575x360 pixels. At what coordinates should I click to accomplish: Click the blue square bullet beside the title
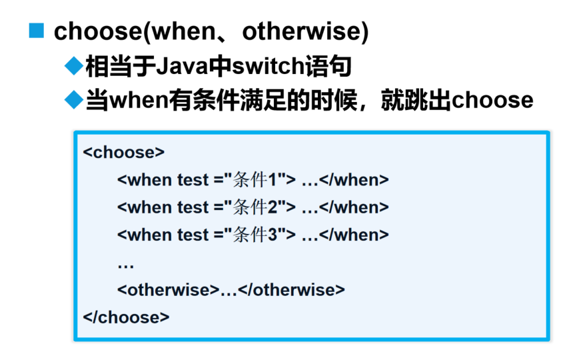(x=36, y=31)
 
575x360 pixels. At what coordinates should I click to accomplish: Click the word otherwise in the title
(x=302, y=31)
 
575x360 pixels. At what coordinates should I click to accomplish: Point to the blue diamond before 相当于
(x=74, y=66)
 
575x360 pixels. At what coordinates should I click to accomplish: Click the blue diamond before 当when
(x=74, y=100)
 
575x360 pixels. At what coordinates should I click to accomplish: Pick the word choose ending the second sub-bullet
(x=492, y=100)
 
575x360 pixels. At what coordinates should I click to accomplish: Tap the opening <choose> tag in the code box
(x=123, y=152)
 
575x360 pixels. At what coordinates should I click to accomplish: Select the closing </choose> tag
(x=126, y=317)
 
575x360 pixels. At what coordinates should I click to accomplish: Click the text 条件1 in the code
(x=255, y=180)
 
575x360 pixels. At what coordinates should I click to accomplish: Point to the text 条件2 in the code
(x=255, y=207)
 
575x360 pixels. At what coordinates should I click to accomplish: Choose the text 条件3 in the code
(x=255, y=235)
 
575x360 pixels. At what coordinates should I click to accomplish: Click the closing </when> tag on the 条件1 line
(x=354, y=180)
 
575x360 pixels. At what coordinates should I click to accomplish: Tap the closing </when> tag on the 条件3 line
(x=354, y=235)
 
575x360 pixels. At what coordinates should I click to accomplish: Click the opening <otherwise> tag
(x=169, y=290)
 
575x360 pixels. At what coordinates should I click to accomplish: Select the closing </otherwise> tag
(x=291, y=290)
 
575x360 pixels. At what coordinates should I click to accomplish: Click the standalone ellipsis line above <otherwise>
(x=126, y=267)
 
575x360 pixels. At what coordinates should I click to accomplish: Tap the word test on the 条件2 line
(x=193, y=207)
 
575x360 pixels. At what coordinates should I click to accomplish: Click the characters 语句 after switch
(x=328, y=66)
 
